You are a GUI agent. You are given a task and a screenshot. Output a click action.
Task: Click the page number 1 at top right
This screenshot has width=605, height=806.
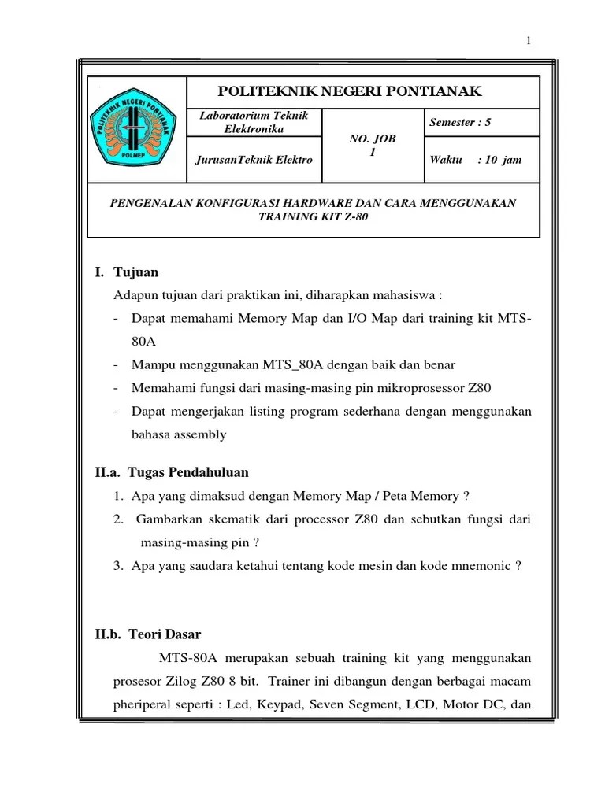[529, 41]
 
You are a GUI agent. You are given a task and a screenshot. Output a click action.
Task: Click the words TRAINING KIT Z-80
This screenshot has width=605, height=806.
[313, 216]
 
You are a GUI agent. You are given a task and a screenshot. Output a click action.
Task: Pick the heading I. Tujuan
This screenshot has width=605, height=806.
[126, 272]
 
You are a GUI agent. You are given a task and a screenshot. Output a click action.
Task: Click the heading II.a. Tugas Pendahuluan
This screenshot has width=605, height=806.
[172, 472]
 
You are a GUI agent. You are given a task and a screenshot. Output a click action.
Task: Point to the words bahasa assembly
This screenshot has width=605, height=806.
[179, 434]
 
